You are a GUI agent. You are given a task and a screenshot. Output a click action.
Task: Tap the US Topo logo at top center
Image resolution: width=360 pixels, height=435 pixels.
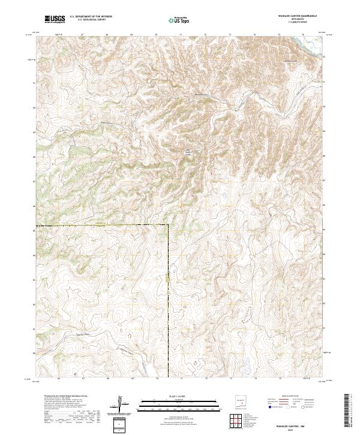pos(181,19)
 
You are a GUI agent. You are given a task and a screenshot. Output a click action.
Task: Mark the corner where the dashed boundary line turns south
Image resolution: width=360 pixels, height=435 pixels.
pos(168,226)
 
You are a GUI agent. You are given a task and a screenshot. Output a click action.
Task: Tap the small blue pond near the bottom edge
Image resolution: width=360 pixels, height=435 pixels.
pos(247,363)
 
